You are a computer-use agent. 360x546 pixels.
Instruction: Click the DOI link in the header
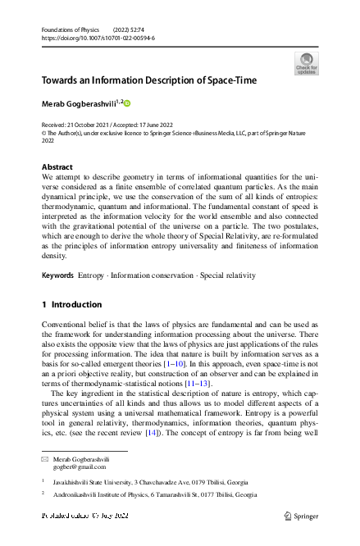(98, 39)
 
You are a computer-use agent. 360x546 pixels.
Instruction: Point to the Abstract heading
(57, 166)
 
